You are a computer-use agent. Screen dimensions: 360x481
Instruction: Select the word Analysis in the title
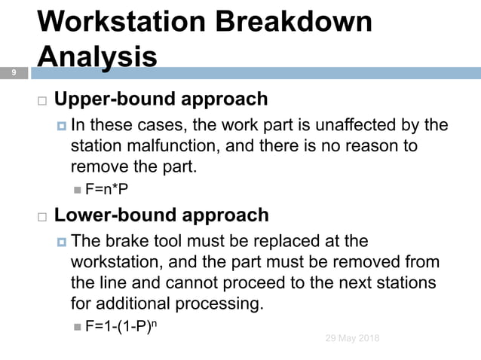(x=97, y=56)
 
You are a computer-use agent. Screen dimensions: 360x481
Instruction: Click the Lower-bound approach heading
(x=161, y=215)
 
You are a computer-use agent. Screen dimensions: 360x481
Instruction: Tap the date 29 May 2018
(x=352, y=338)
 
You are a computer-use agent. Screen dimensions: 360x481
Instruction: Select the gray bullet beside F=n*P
(x=78, y=188)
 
